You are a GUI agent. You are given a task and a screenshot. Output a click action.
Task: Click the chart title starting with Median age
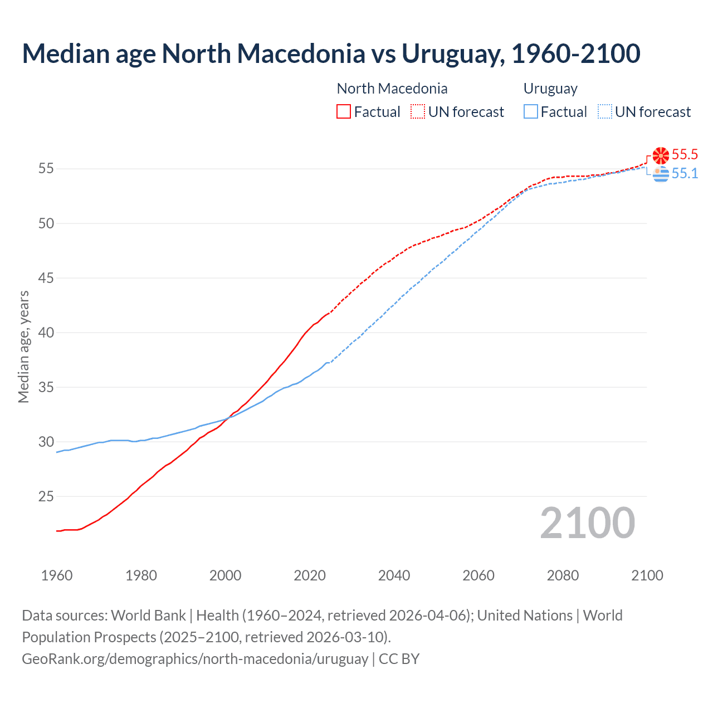coord(331,53)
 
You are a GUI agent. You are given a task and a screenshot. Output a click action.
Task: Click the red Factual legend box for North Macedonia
coord(343,112)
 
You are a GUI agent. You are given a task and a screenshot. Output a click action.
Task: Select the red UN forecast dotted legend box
coord(418,112)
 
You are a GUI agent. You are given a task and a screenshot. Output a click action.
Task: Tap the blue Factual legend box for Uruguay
coord(530,112)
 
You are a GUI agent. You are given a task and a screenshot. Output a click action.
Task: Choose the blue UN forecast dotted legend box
coord(604,112)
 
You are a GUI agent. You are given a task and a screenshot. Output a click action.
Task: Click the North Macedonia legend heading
coord(392,89)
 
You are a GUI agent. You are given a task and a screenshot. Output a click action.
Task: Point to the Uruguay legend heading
coord(550,89)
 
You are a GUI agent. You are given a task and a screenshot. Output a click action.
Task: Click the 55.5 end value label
coord(685,154)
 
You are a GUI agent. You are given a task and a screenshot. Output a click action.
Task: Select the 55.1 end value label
coord(685,173)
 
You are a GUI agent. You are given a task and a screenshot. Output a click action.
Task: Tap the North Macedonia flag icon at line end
coord(661,155)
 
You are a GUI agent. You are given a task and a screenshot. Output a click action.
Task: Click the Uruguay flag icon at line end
coord(661,174)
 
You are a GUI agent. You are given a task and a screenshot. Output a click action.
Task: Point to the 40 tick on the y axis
coord(46,333)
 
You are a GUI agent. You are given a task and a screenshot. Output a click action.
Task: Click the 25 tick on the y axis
coord(46,496)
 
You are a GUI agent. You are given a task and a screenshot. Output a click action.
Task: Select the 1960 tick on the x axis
coord(57,575)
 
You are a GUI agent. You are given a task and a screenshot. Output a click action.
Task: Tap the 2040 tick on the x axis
coord(394,575)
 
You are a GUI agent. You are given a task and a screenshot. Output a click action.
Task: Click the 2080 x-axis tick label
coord(563,575)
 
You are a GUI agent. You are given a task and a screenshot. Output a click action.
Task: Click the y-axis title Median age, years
coord(23,346)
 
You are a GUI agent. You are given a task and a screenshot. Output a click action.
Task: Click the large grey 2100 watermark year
coord(587,522)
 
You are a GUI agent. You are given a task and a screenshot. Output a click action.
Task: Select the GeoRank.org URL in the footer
coord(194,659)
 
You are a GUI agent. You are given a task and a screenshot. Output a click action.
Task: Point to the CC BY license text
coord(399,659)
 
